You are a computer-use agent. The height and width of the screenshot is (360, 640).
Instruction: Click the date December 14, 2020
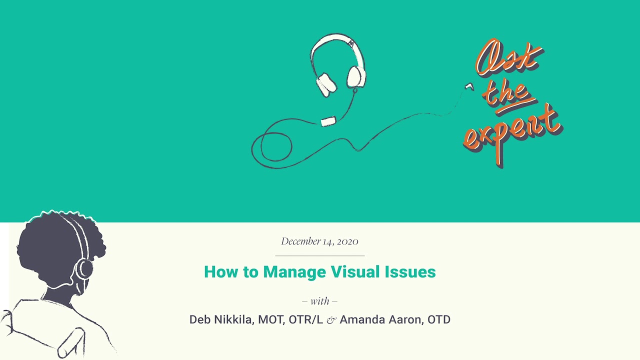pos(319,241)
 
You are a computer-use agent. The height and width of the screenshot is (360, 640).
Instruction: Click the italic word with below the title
pos(320,301)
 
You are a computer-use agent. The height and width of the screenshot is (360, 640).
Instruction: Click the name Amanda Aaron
pos(380,319)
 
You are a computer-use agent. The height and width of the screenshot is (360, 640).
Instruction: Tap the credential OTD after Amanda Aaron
pos(439,319)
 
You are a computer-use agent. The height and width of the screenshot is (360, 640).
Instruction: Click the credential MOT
pos(271,319)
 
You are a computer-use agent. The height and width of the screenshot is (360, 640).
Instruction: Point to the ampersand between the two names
pos(331,320)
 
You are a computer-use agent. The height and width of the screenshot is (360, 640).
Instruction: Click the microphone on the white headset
pos(328,121)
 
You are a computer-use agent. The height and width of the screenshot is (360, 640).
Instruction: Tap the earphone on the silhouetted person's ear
pos(83,268)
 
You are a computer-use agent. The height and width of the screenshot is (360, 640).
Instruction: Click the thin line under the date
pos(320,255)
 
